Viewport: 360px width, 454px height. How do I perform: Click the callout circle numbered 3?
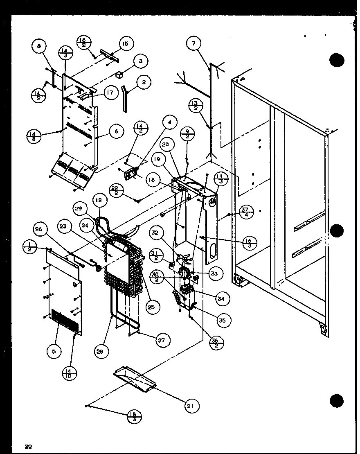coord(140,62)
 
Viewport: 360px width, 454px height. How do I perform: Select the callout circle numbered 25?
coord(153,307)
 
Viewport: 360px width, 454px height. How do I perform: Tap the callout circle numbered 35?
coord(222,321)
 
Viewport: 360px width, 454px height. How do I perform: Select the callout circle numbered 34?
coord(221,299)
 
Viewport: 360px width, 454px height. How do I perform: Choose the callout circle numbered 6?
coord(117,131)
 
